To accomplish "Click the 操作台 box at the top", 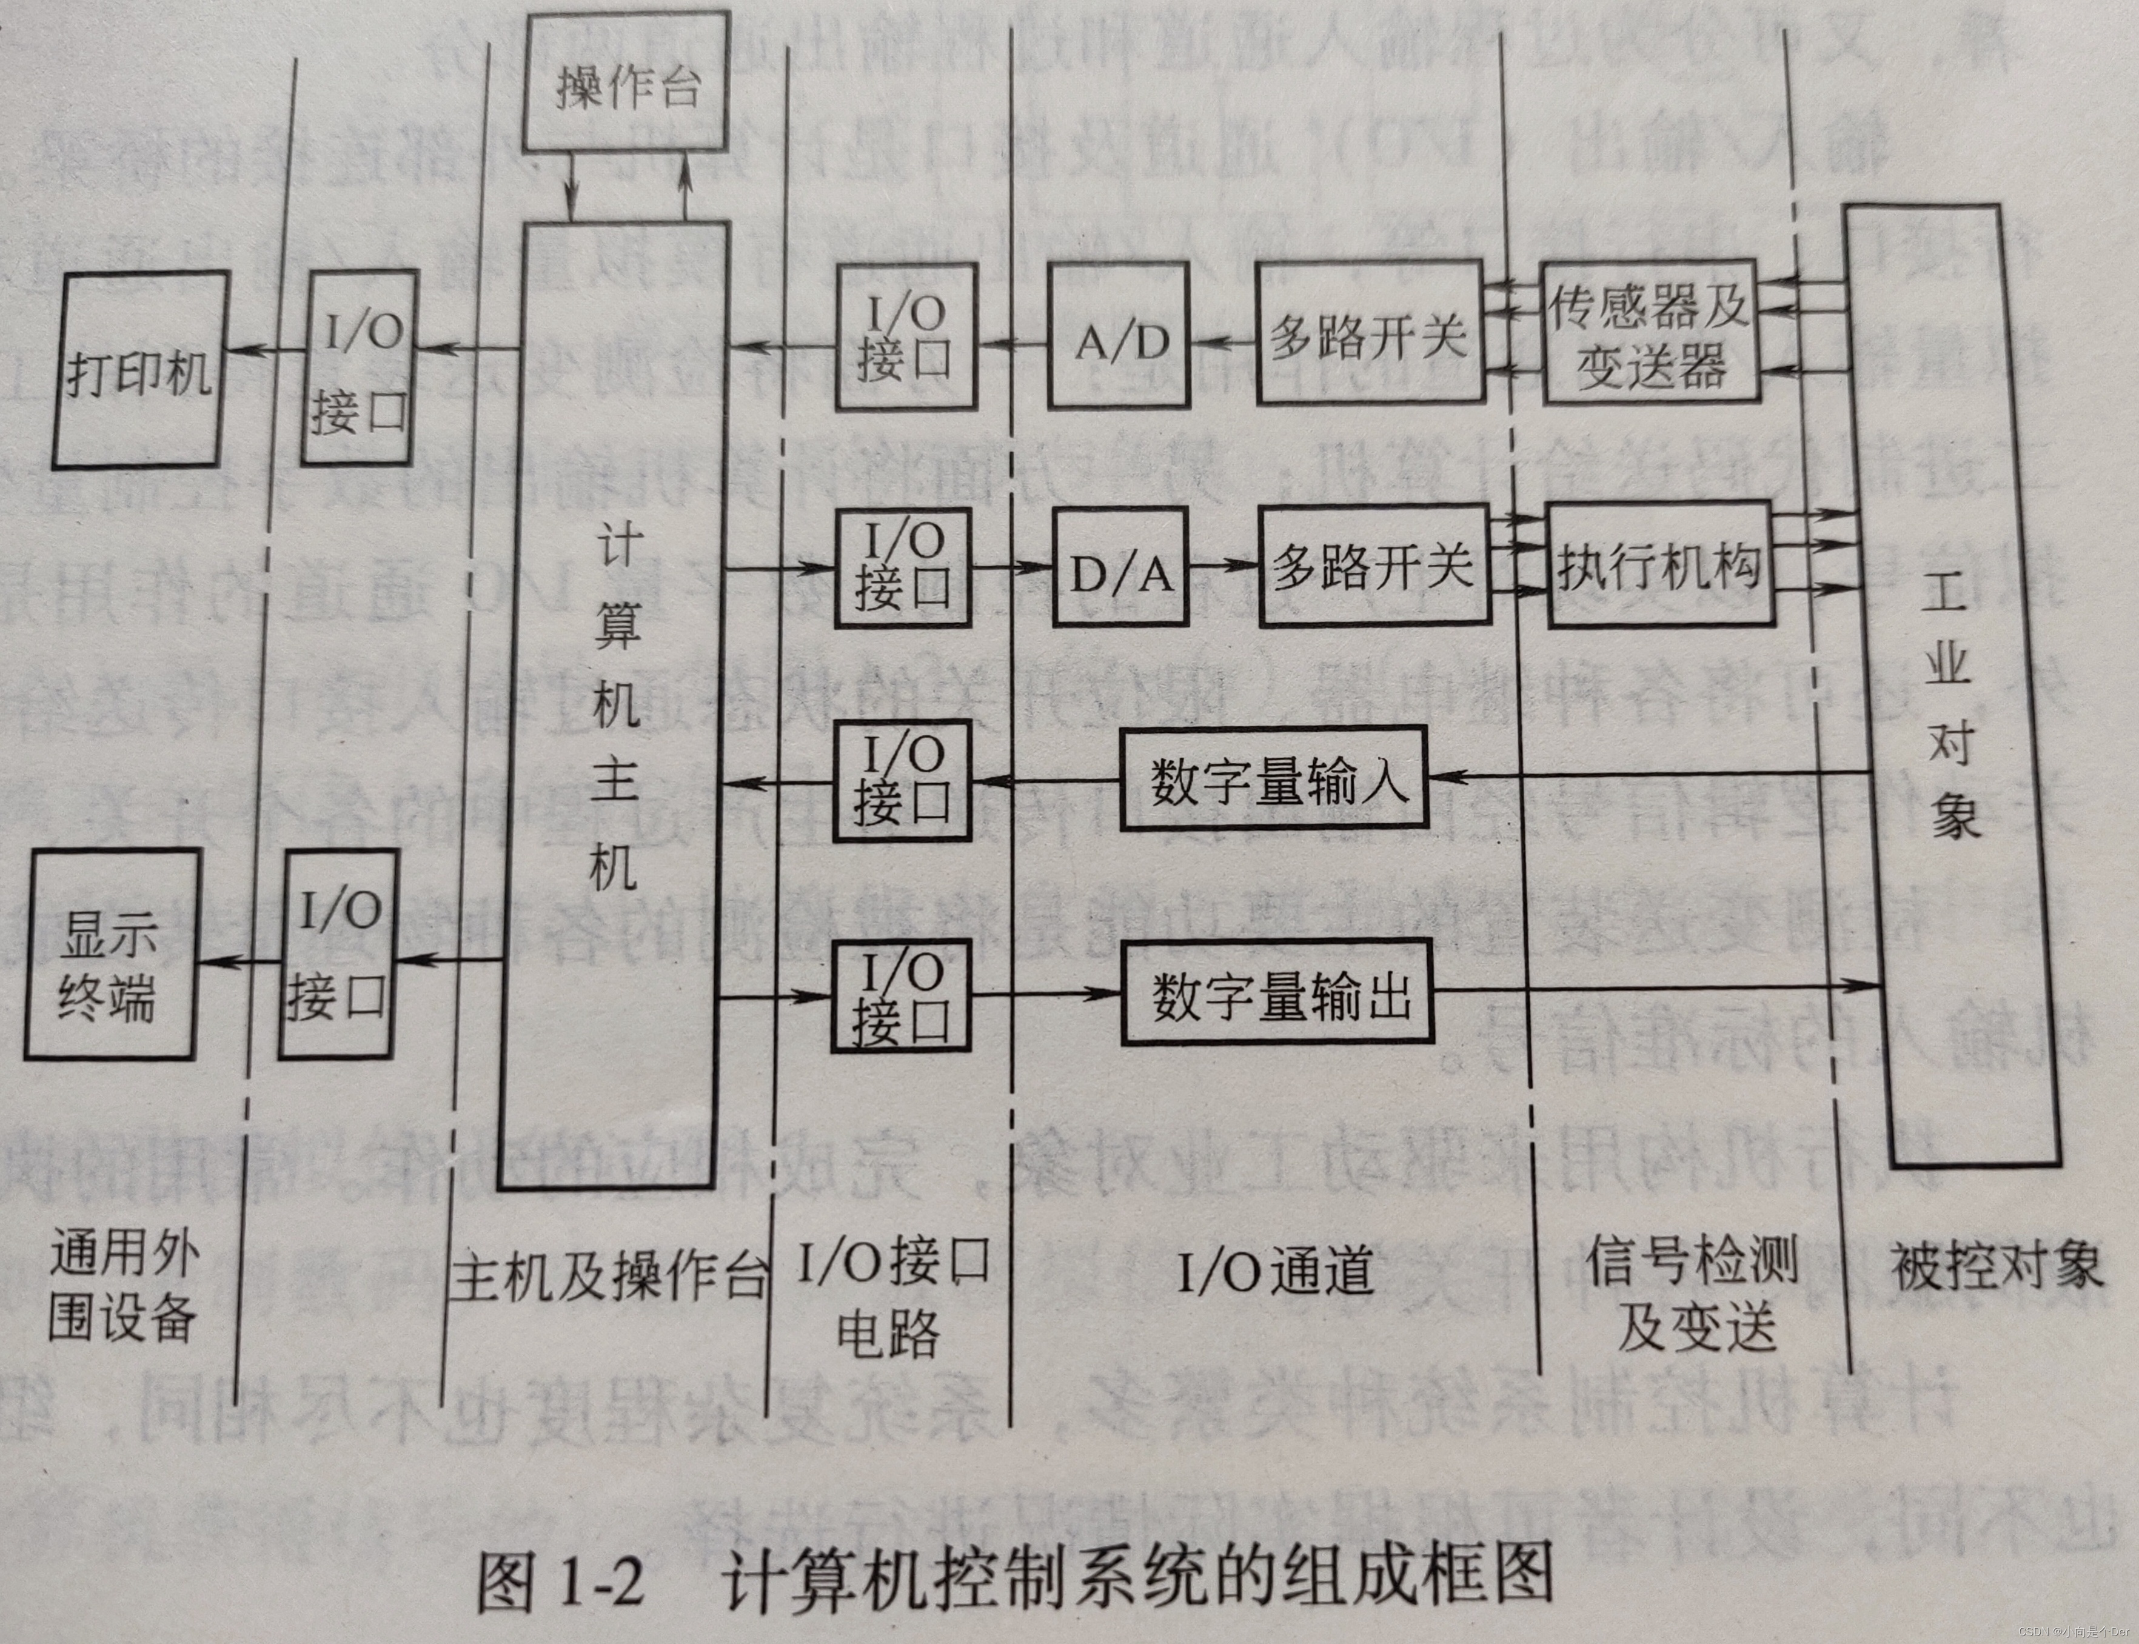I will click(x=626, y=82).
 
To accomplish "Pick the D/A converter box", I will click(x=1120, y=567).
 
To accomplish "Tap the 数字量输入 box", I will click(x=1273, y=779).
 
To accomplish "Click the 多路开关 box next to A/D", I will click(x=1369, y=333).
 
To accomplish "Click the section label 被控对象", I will click(x=1996, y=1265).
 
